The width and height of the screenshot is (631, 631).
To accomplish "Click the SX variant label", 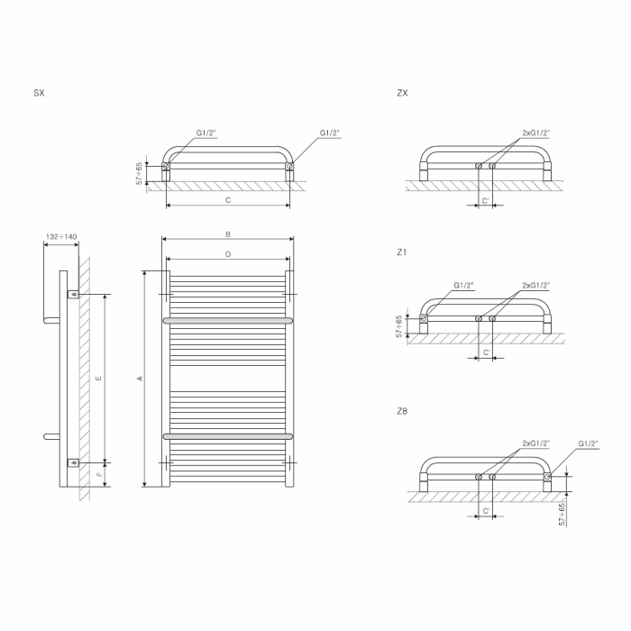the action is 39,93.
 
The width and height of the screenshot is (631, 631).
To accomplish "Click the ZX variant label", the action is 402,93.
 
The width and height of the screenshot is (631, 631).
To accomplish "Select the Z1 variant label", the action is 402,252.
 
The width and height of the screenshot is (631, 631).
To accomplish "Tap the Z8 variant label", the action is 402,411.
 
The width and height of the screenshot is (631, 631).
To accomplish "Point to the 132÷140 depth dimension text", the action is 61,236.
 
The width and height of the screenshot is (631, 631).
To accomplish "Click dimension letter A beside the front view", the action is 141,379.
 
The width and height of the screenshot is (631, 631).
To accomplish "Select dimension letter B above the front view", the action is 228,234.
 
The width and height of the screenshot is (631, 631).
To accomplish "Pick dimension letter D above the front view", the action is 228,254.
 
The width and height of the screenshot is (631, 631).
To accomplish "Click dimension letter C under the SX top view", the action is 228,200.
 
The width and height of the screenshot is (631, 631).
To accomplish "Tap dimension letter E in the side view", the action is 99,379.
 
